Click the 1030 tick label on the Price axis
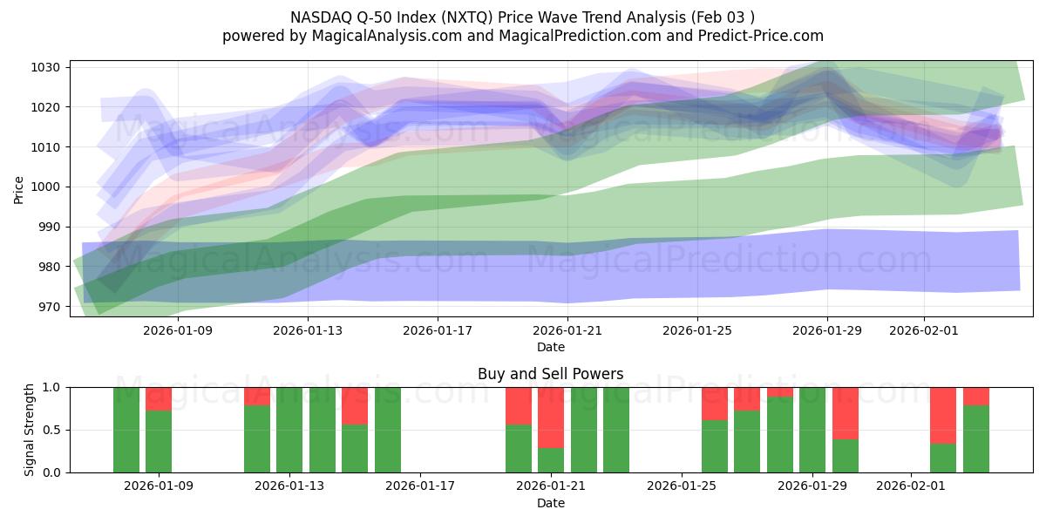tap(47, 67)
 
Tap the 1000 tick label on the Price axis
tap(47, 187)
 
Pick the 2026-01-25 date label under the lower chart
tap(682, 486)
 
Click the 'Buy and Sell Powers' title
tap(550, 374)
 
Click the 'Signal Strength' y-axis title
tap(30, 430)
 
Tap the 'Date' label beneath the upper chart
tap(550, 347)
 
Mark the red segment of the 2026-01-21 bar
tap(551, 417)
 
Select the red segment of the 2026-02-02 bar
tap(943, 415)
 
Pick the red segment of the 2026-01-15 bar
tap(355, 405)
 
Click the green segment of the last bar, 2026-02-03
tap(975, 438)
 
